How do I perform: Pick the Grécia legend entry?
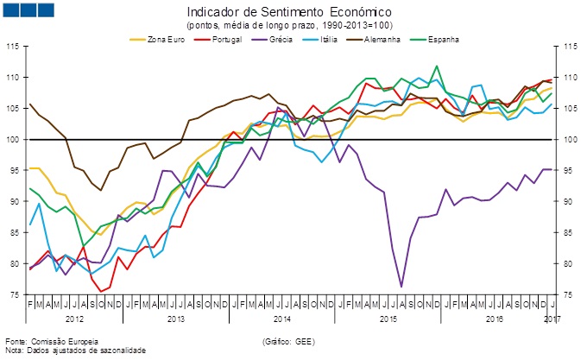269,39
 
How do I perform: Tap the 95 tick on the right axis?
571,170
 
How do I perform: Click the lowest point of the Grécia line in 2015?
401,286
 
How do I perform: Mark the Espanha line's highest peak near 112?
437,66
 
